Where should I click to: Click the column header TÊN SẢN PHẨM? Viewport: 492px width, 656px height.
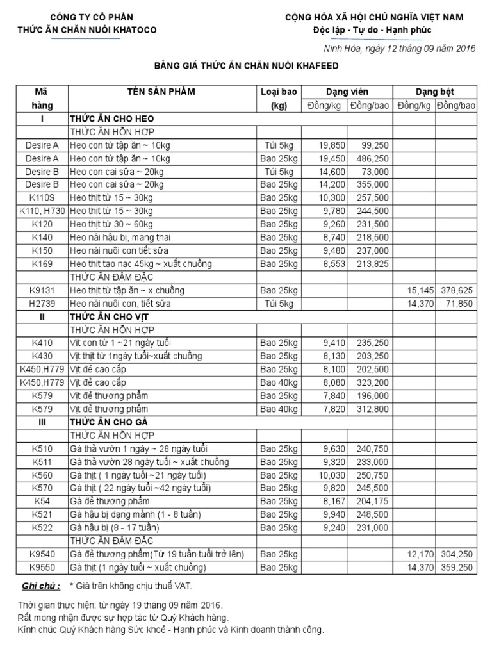pyautogui.click(x=161, y=92)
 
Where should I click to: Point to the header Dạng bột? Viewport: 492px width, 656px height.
pyautogui.click(x=435, y=92)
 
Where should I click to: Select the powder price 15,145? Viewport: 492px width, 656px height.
pyautogui.click(x=420, y=290)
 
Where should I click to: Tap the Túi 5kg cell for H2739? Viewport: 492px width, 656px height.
pyautogui.click(x=279, y=304)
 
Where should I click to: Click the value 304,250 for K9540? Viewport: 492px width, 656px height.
pyautogui.click(x=457, y=554)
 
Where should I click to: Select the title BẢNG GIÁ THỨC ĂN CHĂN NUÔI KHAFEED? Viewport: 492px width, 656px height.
pyautogui.click(x=245, y=65)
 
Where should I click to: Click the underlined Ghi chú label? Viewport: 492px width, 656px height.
pyautogui.click(x=41, y=586)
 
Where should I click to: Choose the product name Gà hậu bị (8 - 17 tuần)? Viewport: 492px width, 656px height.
pyautogui.click(x=115, y=528)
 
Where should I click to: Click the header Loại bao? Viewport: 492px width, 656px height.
pyautogui.click(x=279, y=92)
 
